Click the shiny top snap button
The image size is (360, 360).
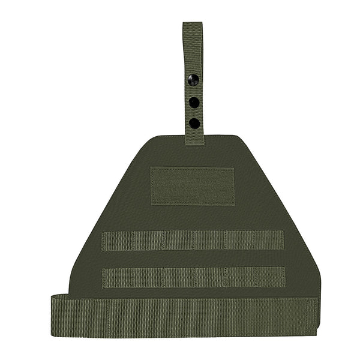tap(193, 79)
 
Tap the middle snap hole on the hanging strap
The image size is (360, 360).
tap(194, 102)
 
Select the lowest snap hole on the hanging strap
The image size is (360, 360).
tap(194, 123)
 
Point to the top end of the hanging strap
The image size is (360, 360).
tap(193, 25)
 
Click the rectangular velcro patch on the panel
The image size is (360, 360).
tap(192, 186)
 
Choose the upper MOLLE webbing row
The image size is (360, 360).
tap(193, 241)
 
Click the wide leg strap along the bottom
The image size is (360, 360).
tap(186, 316)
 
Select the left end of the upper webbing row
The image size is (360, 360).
tap(104, 241)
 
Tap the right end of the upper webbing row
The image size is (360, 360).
tap(283, 241)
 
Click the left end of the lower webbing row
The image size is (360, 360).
tap(104, 277)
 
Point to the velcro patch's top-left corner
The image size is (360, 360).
tap(151, 169)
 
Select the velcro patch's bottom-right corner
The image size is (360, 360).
tap(233, 204)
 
